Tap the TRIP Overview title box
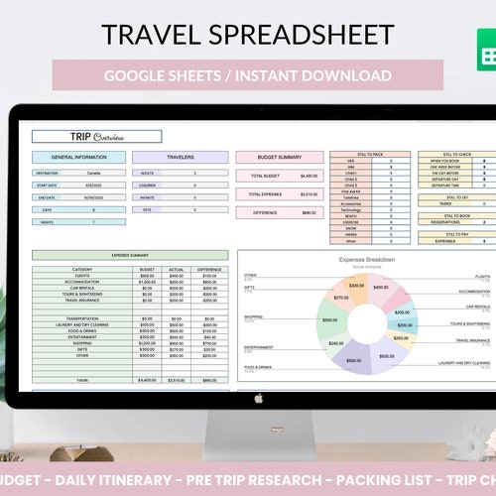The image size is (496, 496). click(x=96, y=137)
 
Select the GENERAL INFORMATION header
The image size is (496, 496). click(x=78, y=157)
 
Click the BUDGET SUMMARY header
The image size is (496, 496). click(x=280, y=157)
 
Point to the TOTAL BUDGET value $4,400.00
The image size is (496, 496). click(x=309, y=176)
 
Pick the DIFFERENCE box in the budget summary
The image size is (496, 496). click(x=280, y=211)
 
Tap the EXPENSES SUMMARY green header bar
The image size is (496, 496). click(x=131, y=255)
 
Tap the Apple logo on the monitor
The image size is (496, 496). click(x=258, y=399)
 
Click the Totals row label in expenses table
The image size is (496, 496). click(x=82, y=380)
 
